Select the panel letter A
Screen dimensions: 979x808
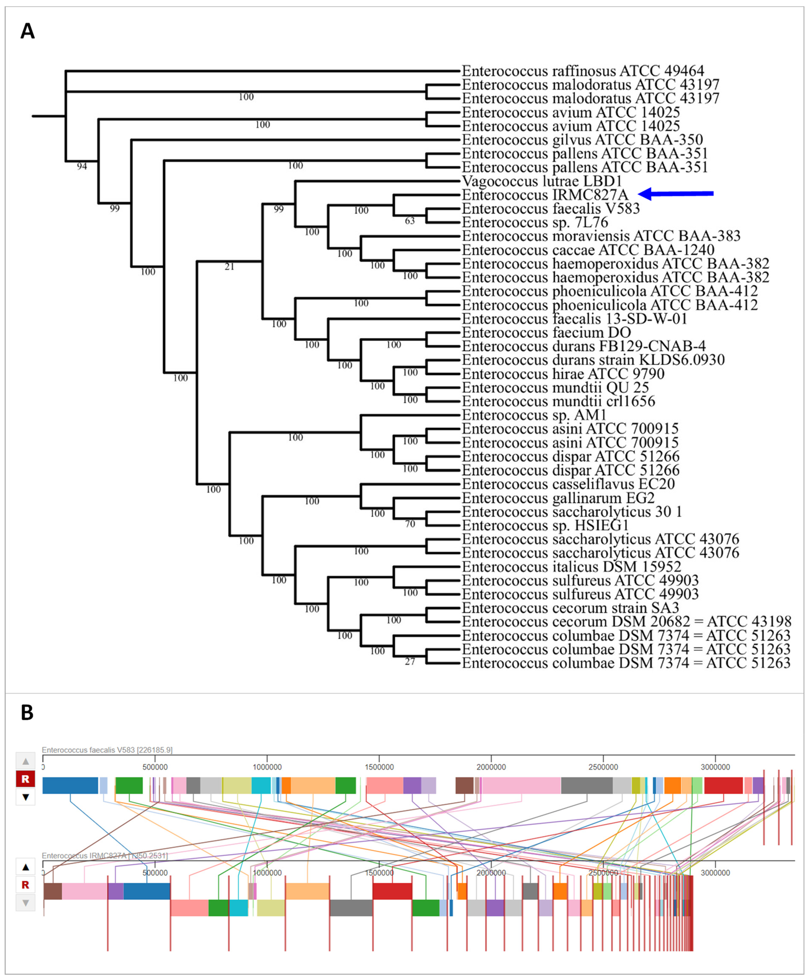point(27,32)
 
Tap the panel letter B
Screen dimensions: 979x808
point(27,712)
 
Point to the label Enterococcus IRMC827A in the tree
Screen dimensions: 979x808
point(545,195)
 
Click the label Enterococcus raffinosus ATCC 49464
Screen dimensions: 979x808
point(583,71)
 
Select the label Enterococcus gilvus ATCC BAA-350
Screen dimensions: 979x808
point(582,139)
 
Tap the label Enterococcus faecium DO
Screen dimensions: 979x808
point(546,333)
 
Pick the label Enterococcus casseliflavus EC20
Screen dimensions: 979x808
point(568,484)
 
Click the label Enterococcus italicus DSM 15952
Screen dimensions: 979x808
point(571,566)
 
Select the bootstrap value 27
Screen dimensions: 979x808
point(410,661)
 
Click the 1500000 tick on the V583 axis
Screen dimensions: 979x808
point(379,767)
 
